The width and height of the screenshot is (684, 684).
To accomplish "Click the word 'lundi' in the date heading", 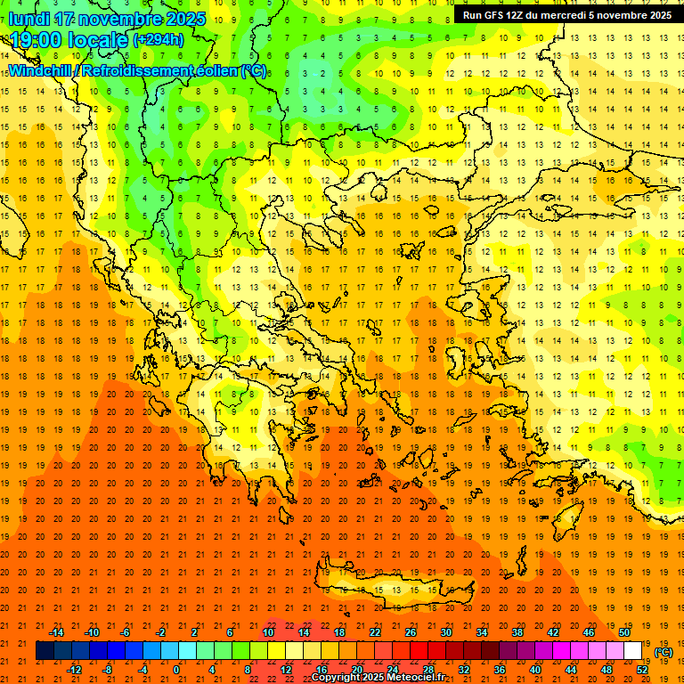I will [27, 19].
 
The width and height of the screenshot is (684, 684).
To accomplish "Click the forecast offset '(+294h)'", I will [159, 40].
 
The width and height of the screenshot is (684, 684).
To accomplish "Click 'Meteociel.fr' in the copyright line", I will [417, 678].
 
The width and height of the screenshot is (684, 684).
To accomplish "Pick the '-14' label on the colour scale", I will [57, 632].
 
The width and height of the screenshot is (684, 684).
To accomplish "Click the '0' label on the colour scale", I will [175, 670].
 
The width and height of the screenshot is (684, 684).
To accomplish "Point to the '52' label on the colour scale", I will [642, 670].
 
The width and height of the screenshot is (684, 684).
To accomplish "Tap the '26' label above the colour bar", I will [411, 632].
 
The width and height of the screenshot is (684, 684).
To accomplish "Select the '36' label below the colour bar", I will [500, 670].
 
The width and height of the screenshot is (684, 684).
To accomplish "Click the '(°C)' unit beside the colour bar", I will [664, 652].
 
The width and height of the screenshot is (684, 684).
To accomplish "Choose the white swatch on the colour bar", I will [633, 651].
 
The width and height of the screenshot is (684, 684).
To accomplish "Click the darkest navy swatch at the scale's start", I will [45, 651].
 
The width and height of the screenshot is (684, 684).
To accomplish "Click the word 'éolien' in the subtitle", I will [218, 70].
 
